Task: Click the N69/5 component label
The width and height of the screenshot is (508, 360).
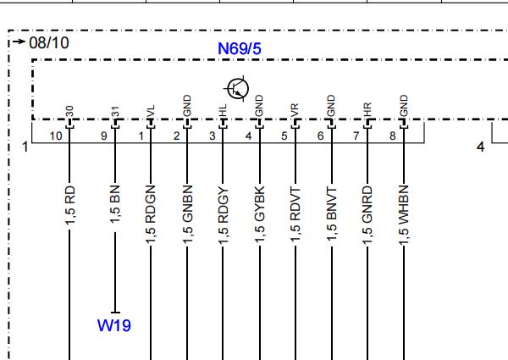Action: [x=240, y=48]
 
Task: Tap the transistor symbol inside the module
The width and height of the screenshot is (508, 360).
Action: [x=238, y=89]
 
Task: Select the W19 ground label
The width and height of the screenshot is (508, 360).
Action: [x=114, y=325]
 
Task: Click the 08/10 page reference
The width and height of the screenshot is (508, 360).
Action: [x=49, y=42]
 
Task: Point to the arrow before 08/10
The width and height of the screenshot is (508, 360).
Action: [x=19, y=42]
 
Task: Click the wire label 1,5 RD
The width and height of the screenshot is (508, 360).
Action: [x=70, y=206]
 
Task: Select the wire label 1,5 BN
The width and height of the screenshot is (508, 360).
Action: [x=115, y=204]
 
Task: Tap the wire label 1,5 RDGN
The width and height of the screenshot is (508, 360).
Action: [x=151, y=214]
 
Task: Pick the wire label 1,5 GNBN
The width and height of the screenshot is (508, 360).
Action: [x=188, y=214]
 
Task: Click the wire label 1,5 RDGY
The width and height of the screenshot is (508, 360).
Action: [x=224, y=215]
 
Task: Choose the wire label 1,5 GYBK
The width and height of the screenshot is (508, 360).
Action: [x=260, y=214]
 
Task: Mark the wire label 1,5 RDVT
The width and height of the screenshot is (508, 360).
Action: [x=295, y=215]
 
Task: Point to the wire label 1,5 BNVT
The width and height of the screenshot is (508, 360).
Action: [x=332, y=215]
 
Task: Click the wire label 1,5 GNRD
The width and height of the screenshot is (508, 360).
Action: [x=367, y=215]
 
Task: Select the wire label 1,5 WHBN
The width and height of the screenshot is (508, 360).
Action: [x=404, y=215]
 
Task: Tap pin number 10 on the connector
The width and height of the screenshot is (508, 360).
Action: [x=56, y=136]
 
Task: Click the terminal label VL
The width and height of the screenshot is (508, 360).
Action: [x=151, y=111]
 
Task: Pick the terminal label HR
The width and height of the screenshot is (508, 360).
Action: [x=367, y=110]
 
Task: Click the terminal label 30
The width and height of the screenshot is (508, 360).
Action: [x=69, y=111]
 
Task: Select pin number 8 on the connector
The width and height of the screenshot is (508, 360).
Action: [x=393, y=136]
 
